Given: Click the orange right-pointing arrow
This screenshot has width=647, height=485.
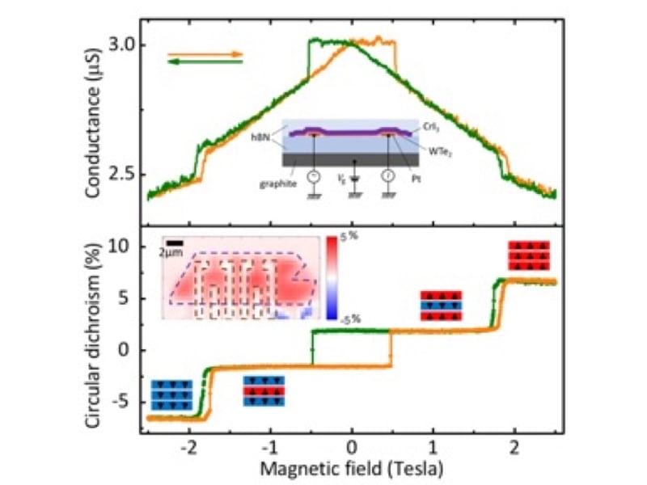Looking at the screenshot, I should [205, 54].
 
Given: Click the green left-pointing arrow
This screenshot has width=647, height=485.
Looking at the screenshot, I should [205, 64].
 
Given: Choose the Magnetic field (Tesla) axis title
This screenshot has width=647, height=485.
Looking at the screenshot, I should [351, 468].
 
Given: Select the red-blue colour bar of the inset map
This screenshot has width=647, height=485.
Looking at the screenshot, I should [331, 280].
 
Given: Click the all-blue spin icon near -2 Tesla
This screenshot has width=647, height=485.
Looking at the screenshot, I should [171, 394].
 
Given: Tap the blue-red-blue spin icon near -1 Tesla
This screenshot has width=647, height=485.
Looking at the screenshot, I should [264, 390].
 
